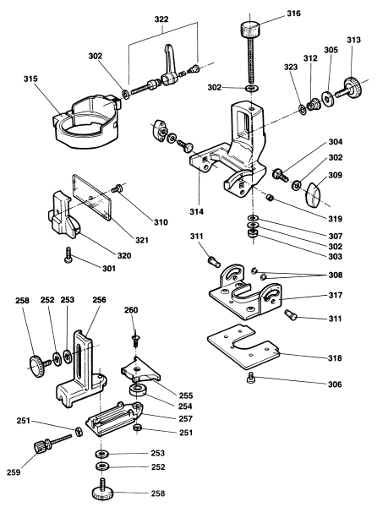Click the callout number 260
[x=129, y=310]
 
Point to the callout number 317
[x=334, y=297]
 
